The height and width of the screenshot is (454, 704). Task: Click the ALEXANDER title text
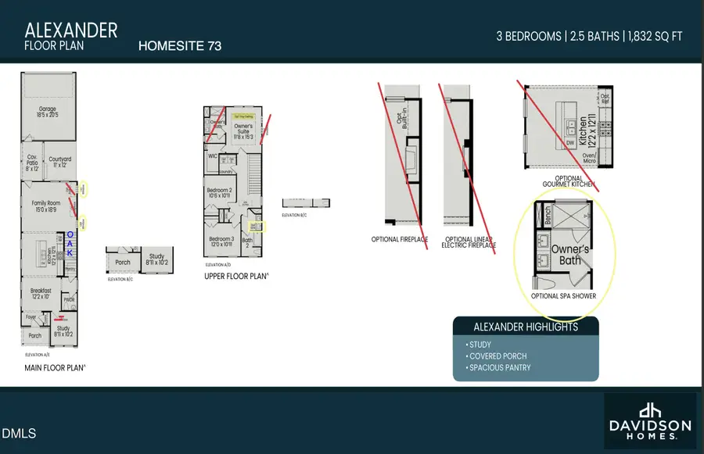[71, 30]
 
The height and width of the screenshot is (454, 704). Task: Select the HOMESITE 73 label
[179, 46]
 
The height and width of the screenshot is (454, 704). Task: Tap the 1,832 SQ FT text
[654, 36]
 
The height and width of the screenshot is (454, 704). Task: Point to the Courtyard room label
[59, 161]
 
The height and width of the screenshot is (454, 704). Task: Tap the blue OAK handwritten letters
[70, 243]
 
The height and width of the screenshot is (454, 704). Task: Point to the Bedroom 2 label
[219, 193]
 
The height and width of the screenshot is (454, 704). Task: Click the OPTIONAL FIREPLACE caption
[400, 240]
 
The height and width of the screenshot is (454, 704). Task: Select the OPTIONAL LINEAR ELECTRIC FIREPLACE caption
[469, 242]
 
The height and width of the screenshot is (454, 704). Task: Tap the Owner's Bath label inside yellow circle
[570, 254]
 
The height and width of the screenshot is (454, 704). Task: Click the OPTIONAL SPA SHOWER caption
[563, 296]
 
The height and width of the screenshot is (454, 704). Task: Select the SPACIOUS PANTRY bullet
[499, 367]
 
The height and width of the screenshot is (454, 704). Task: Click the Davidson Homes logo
[649, 420]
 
